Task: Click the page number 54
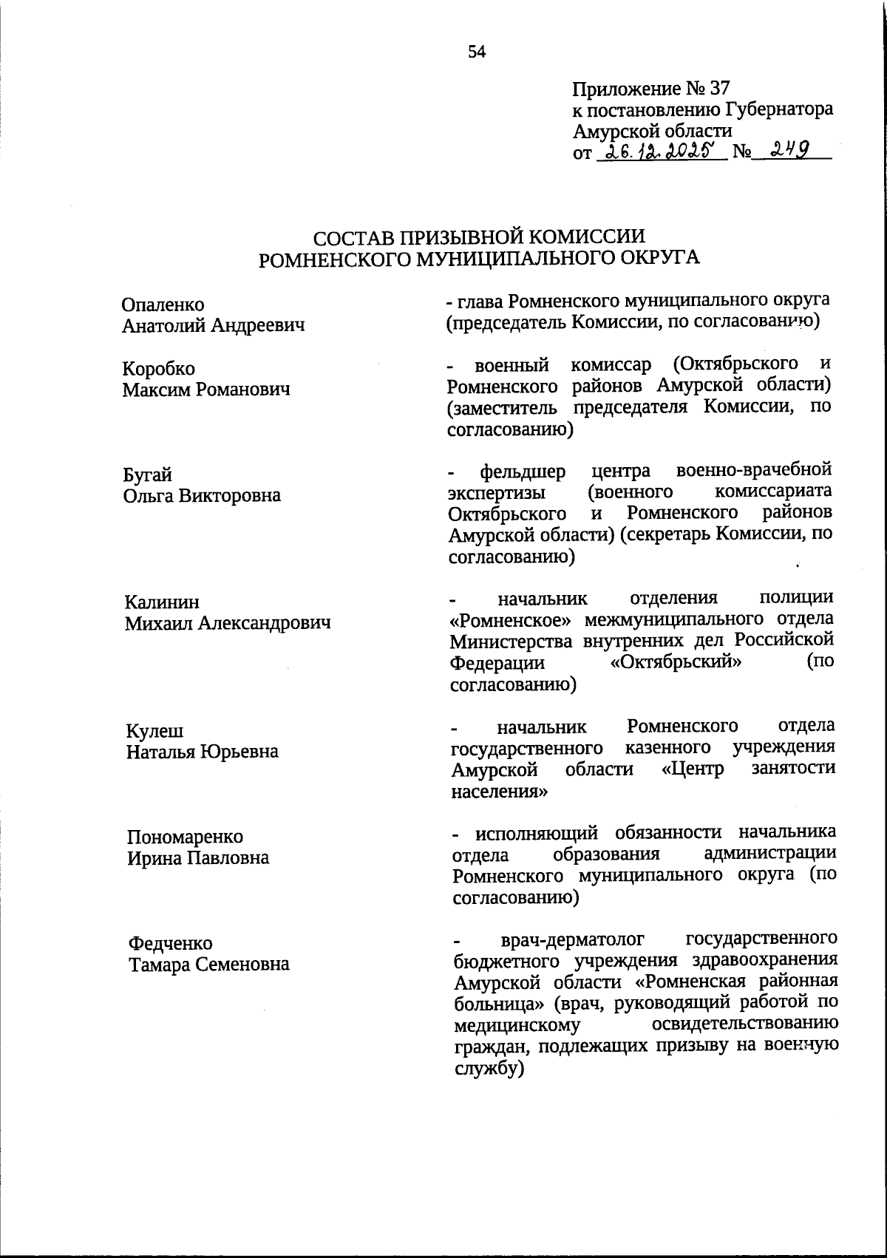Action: coord(477,52)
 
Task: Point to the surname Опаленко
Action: coord(163,305)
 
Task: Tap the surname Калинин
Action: coord(162,602)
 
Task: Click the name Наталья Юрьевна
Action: coord(202,752)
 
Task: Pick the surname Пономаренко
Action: coord(185,837)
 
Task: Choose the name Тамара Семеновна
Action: coord(209,965)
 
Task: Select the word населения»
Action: coord(499,790)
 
